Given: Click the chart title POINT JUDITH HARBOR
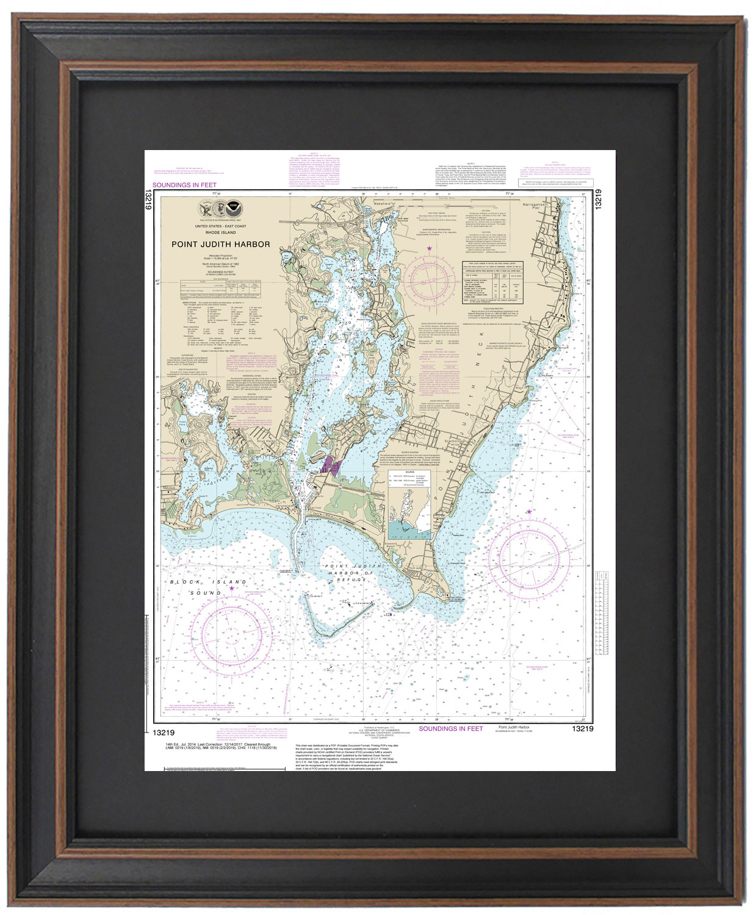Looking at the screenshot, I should pos(220,245).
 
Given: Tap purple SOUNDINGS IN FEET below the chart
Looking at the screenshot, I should pos(450,729).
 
